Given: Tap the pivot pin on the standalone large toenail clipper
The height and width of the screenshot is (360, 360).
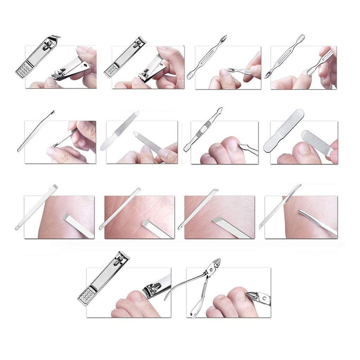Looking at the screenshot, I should pyautogui.click(x=121, y=259).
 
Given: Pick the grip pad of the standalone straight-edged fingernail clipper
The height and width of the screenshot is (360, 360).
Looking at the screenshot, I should pyautogui.click(x=112, y=70).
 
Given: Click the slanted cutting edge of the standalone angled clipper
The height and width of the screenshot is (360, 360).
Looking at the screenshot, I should pyautogui.click(x=55, y=37).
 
